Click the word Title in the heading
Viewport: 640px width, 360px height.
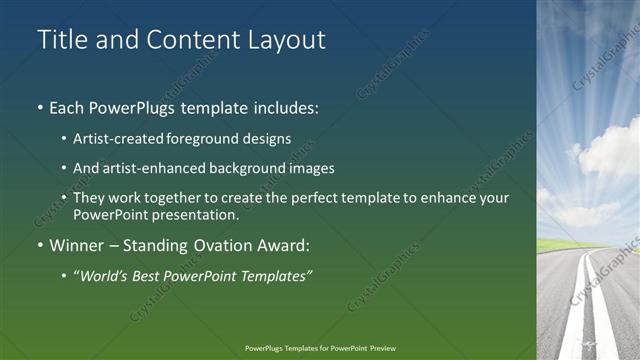click(x=62, y=40)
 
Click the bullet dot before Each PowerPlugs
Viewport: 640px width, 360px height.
click(x=40, y=107)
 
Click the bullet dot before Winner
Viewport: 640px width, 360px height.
click(x=40, y=243)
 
